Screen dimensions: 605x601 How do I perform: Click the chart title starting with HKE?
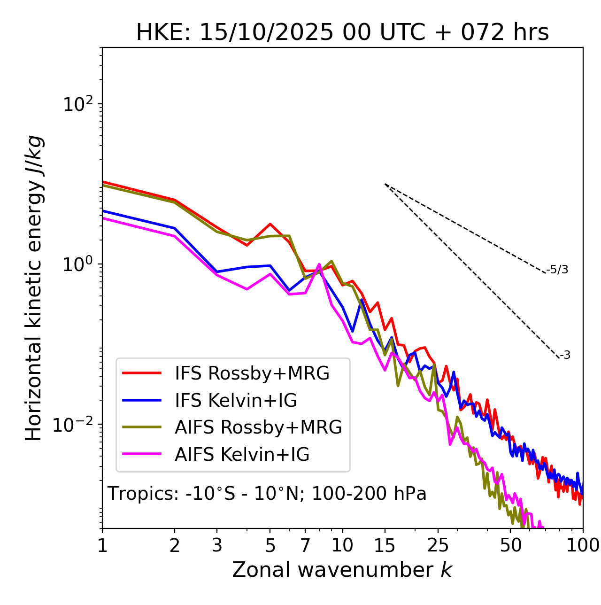coord(342,32)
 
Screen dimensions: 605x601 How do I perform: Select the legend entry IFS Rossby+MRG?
coord(252,373)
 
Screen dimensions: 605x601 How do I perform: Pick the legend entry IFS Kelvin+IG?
coord(236,400)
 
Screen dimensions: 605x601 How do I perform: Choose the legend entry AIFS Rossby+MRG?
coord(258,427)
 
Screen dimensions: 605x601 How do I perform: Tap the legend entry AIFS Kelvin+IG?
coord(242,454)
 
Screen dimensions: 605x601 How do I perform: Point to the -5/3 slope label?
coord(557,270)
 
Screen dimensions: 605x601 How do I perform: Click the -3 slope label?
coord(565,356)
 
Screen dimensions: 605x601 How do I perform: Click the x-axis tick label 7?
coord(305,545)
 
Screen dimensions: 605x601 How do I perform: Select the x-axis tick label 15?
coord(385,545)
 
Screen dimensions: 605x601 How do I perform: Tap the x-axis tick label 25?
coord(438,545)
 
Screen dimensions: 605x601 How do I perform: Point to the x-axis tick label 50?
coord(510,545)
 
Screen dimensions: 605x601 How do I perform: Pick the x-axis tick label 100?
coord(583,545)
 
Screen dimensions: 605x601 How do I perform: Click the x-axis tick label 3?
coord(217,545)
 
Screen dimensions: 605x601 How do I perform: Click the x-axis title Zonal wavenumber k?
coord(342,570)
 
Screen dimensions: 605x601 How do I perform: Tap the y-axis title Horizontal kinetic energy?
coord(34,288)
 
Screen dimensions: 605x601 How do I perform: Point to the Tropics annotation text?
coord(267,494)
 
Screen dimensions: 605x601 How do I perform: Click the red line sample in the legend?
coord(142,373)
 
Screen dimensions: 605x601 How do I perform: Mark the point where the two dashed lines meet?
coord(385,184)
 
